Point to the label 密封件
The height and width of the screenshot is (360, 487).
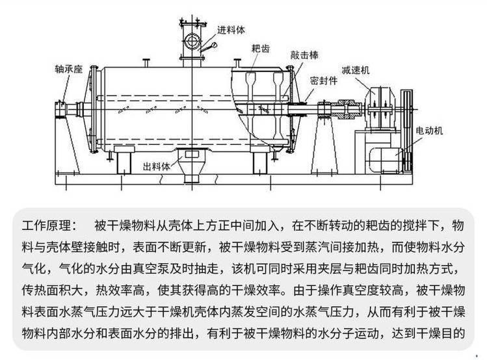tap(323, 81)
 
